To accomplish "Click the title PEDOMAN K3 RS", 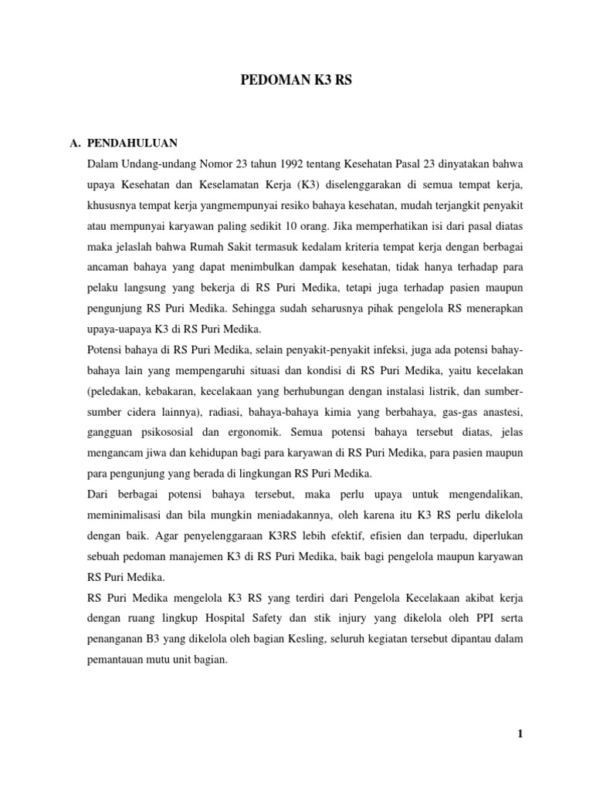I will pyautogui.click(x=296, y=79).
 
